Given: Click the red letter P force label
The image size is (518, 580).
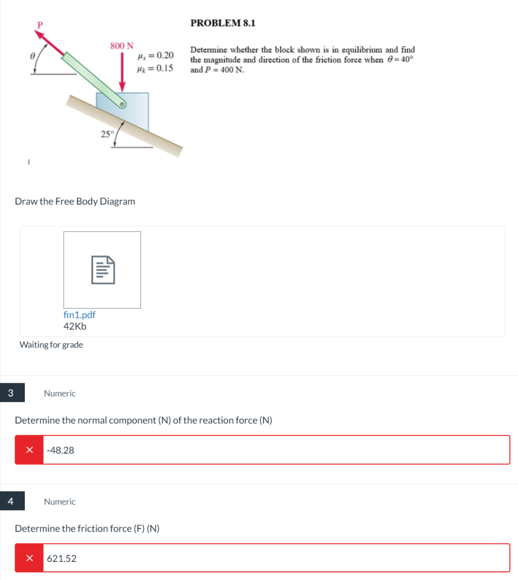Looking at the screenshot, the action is (x=40, y=25).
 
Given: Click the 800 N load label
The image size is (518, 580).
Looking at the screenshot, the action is (x=122, y=46).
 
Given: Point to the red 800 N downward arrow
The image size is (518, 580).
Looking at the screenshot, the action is (x=122, y=72).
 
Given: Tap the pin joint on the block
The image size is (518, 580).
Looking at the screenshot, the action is (x=122, y=105).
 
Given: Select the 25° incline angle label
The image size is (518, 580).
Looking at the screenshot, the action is (x=107, y=134).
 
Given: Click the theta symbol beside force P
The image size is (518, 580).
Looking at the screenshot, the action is (x=32, y=56).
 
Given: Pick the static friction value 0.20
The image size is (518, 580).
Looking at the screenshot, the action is (x=165, y=55).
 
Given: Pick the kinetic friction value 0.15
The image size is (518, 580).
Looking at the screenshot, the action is (x=164, y=68).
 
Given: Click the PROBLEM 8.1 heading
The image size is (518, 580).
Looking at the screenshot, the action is (x=223, y=23).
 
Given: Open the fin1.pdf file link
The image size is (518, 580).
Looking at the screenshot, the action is (x=79, y=315).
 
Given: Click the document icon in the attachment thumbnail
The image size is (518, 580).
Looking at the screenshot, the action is (x=103, y=270).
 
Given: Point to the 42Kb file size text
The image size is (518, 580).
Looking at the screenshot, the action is (x=75, y=326).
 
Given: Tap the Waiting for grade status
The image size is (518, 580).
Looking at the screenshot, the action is (x=51, y=345).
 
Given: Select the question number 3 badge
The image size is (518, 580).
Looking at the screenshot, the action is (x=11, y=392).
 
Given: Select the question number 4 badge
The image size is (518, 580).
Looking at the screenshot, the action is (x=11, y=501).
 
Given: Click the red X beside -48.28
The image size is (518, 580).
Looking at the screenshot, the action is (x=30, y=450).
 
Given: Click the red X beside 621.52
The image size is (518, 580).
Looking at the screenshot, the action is (x=30, y=558).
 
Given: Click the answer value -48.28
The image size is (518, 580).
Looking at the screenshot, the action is (x=60, y=450).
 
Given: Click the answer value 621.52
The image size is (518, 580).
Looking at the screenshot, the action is (x=61, y=559).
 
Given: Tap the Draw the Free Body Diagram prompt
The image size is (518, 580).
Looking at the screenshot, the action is (x=75, y=201).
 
